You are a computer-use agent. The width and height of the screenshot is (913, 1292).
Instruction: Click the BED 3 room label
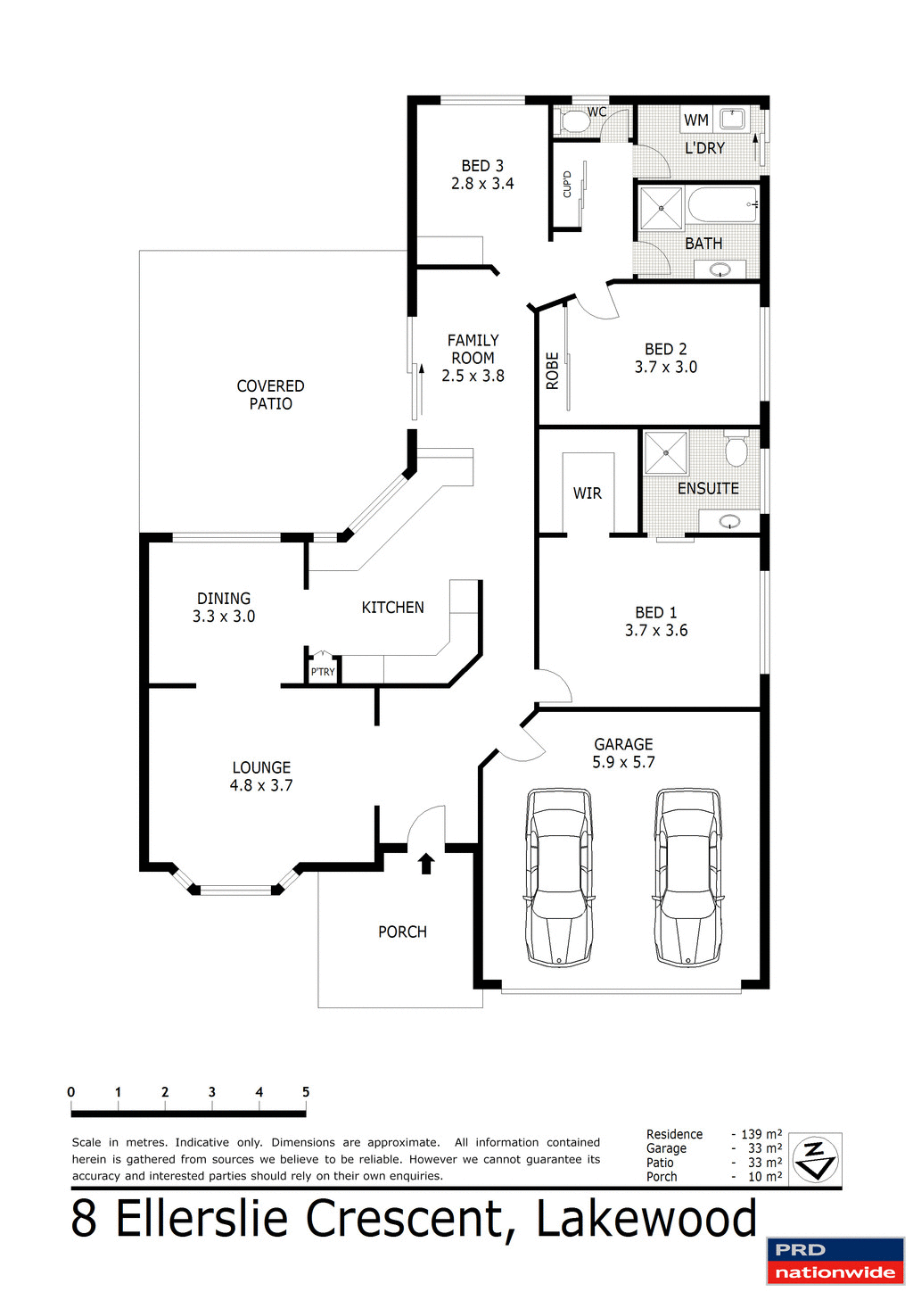(x=482, y=166)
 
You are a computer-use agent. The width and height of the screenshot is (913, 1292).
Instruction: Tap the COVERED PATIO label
(x=270, y=394)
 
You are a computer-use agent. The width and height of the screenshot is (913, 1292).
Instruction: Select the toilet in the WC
(x=572, y=121)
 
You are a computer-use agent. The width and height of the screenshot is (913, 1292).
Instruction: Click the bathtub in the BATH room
(x=722, y=205)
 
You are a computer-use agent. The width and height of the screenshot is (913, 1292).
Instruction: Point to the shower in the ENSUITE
(x=666, y=453)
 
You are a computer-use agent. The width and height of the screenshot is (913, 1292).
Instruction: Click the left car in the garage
(x=559, y=876)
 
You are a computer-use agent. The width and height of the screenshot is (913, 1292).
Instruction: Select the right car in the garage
(x=688, y=876)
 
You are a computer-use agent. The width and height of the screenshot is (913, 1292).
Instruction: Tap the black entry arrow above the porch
(x=426, y=863)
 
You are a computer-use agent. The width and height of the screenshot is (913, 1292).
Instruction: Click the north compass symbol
(x=816, y=1159)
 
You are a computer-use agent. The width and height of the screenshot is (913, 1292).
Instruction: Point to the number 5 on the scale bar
(x=306, y=1092)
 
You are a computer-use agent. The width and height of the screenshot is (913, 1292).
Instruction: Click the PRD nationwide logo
(x=835, y=1261)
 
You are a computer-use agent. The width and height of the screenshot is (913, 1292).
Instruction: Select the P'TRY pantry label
(x=323, y=672)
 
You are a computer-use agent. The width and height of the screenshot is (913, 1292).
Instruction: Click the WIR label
(x=587, y=493)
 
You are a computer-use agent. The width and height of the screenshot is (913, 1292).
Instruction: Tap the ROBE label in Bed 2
(x=552, y=370)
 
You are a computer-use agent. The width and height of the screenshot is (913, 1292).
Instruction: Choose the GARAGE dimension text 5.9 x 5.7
(x=623, y=762)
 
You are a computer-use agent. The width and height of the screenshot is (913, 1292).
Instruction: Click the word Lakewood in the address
(x=646, y=1219)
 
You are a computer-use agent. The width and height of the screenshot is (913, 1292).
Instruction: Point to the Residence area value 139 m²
(x=761, y=1134)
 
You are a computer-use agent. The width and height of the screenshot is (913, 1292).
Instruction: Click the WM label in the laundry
(x=696, y=120)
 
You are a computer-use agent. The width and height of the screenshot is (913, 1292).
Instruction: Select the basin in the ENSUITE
(x=729, y=521)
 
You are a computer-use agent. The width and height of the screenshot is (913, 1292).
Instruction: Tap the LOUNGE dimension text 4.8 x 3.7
(x=261, y=785)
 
